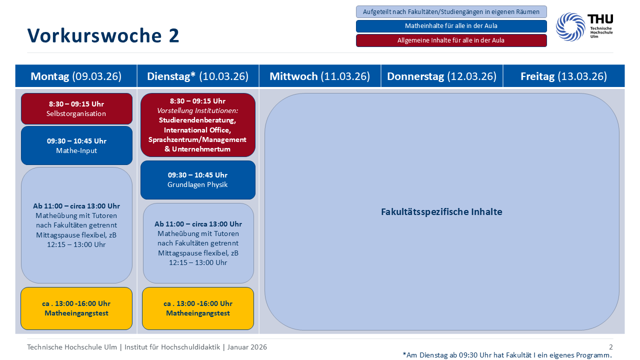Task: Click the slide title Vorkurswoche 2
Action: click(103, 36)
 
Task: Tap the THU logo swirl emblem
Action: click(570, 26)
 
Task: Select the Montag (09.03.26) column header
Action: click(76, 76)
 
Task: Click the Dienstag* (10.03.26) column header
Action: click(197, 76)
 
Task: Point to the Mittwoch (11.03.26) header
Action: click(319, 76)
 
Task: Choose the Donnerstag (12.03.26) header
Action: click(441, 76)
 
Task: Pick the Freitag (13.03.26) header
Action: click(563, 76)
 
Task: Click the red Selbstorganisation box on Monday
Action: click(76, 108)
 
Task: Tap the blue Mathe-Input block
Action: click(76, 145)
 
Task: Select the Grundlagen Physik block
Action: click(197, 180)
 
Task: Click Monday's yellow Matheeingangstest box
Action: click(76, 308)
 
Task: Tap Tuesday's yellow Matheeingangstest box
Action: click(198, 308)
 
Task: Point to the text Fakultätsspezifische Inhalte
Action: click(441, 211)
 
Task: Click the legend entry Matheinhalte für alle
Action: click(451, 26)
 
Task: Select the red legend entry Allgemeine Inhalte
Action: click(451, 40)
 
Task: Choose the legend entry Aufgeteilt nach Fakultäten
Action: click(451, 11)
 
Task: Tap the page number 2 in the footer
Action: click(610, 347)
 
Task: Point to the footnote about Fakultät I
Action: click(507, 355)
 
